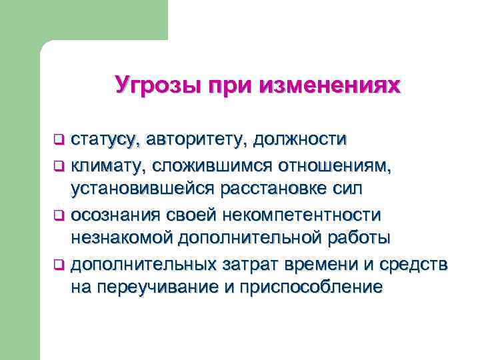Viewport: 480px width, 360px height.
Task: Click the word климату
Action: [x=107, y=164]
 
